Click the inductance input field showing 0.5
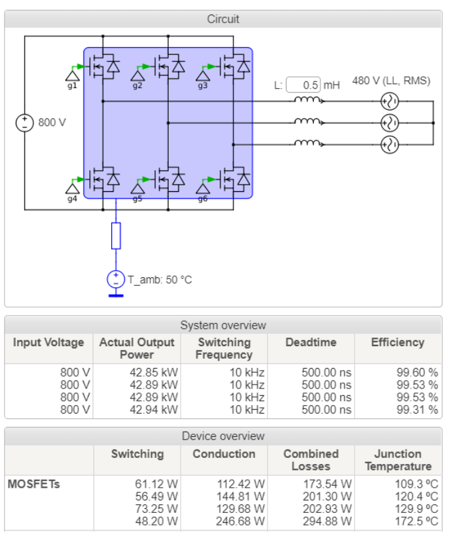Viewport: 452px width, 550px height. (304, 85)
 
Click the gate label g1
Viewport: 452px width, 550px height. (72, 86)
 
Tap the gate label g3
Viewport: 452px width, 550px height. (203, 86)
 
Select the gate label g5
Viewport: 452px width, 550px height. (137, 199)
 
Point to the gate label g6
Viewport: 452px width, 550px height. (203, 199)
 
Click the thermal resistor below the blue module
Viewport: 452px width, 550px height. (116, 236)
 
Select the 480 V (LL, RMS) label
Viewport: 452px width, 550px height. (391, 81)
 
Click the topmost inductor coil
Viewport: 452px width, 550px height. (308, 101)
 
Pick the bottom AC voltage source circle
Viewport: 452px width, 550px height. (389, 144)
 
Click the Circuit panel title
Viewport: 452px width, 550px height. (223, 19)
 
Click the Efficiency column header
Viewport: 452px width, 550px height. (398, 342)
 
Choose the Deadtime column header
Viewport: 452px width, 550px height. (311, 342)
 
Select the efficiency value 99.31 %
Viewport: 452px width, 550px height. (417, 410)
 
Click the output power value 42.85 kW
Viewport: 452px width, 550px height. (154, 372)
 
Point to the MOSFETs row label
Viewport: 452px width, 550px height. (34, 484)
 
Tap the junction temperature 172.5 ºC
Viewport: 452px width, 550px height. (416, 522)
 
